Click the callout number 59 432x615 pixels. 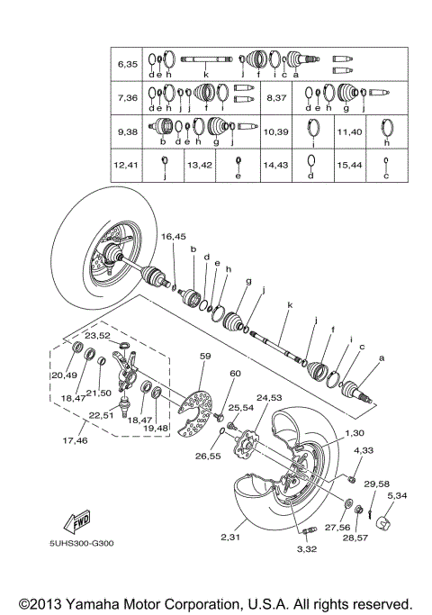204,357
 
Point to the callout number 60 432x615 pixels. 236,373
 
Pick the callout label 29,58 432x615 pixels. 378,484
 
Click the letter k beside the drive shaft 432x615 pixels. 290,306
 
